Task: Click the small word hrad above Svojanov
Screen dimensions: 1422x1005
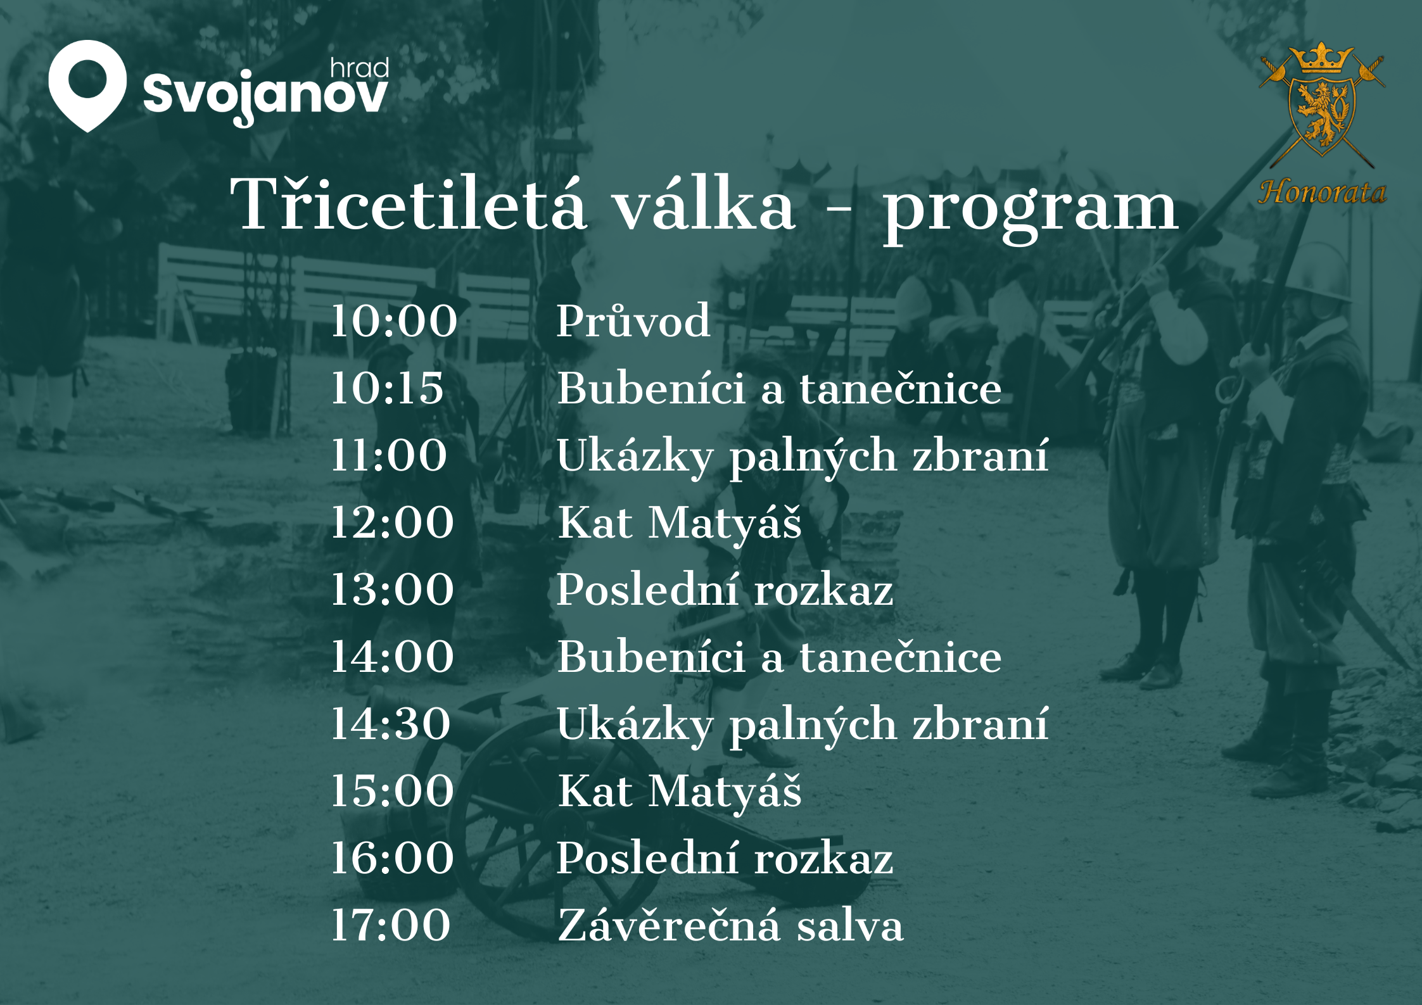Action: (x=359, y=68)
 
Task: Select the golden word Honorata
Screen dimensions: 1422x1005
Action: (x=1323, y=192)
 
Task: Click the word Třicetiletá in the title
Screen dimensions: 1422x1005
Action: (x=409, y=203)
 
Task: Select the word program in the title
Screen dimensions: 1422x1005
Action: (x=1031, y=210)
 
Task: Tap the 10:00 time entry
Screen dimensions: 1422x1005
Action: (x=393, y=320)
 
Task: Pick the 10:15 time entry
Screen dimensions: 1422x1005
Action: (x=387, y=388)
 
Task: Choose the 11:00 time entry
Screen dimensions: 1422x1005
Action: (x=389, y=455)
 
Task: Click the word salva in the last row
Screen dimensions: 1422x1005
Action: (x=849, y=926)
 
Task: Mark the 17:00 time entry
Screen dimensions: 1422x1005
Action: (x=391, y=925)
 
